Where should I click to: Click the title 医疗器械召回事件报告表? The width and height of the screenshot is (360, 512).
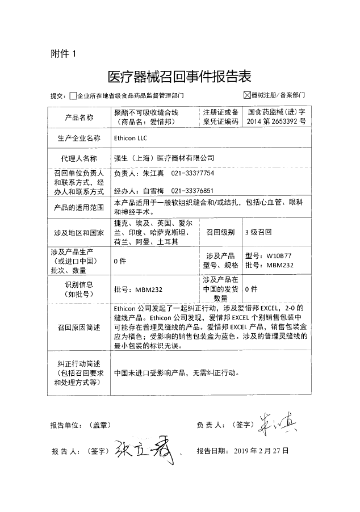[179, 76]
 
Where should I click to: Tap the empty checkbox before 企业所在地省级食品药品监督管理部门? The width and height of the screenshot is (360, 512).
[72, 96]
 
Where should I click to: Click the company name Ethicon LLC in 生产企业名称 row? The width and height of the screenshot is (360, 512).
[131, 138]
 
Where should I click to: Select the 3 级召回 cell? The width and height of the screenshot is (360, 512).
[258, 233]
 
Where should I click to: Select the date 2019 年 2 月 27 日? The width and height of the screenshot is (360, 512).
[261, 451]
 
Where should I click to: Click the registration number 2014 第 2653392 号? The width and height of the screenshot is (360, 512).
[276, 121]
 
